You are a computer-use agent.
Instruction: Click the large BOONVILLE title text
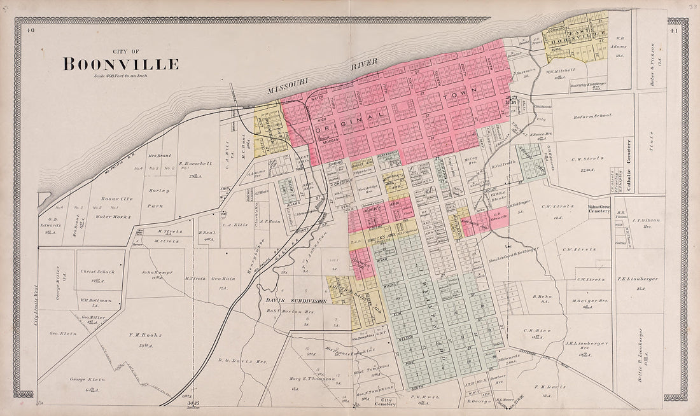(x=120, y=64)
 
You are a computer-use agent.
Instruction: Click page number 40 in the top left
(x=30, y=30)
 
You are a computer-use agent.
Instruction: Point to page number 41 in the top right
(x=674, y=30)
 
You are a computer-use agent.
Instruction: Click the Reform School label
(x=592, y=116)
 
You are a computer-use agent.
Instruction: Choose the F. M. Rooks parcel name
(x=144, y=335)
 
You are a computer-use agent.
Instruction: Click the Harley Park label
(x=160, y=194)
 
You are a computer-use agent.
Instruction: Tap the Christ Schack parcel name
(x=97, y=272)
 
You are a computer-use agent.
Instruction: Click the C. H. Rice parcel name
(x=532, y=330)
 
